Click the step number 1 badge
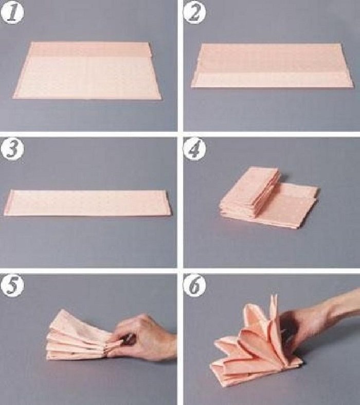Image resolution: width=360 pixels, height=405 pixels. tap(12, 12)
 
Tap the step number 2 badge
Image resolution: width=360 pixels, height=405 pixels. tap(195, 13)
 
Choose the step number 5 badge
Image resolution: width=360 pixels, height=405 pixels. tap(12, 286)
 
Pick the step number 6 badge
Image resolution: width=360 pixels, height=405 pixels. tap(195, 286)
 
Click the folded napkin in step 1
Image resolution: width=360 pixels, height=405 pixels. tap(87, 71)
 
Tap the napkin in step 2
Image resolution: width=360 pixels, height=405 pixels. tap(272, 66)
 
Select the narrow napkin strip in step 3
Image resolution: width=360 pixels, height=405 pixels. tap(87, 203)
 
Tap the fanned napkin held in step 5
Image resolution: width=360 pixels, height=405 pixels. tap(83, 336)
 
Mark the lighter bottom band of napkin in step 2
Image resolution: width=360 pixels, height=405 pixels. tap(272, 80)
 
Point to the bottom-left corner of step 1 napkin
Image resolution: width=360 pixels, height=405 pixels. tap(13, 98)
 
